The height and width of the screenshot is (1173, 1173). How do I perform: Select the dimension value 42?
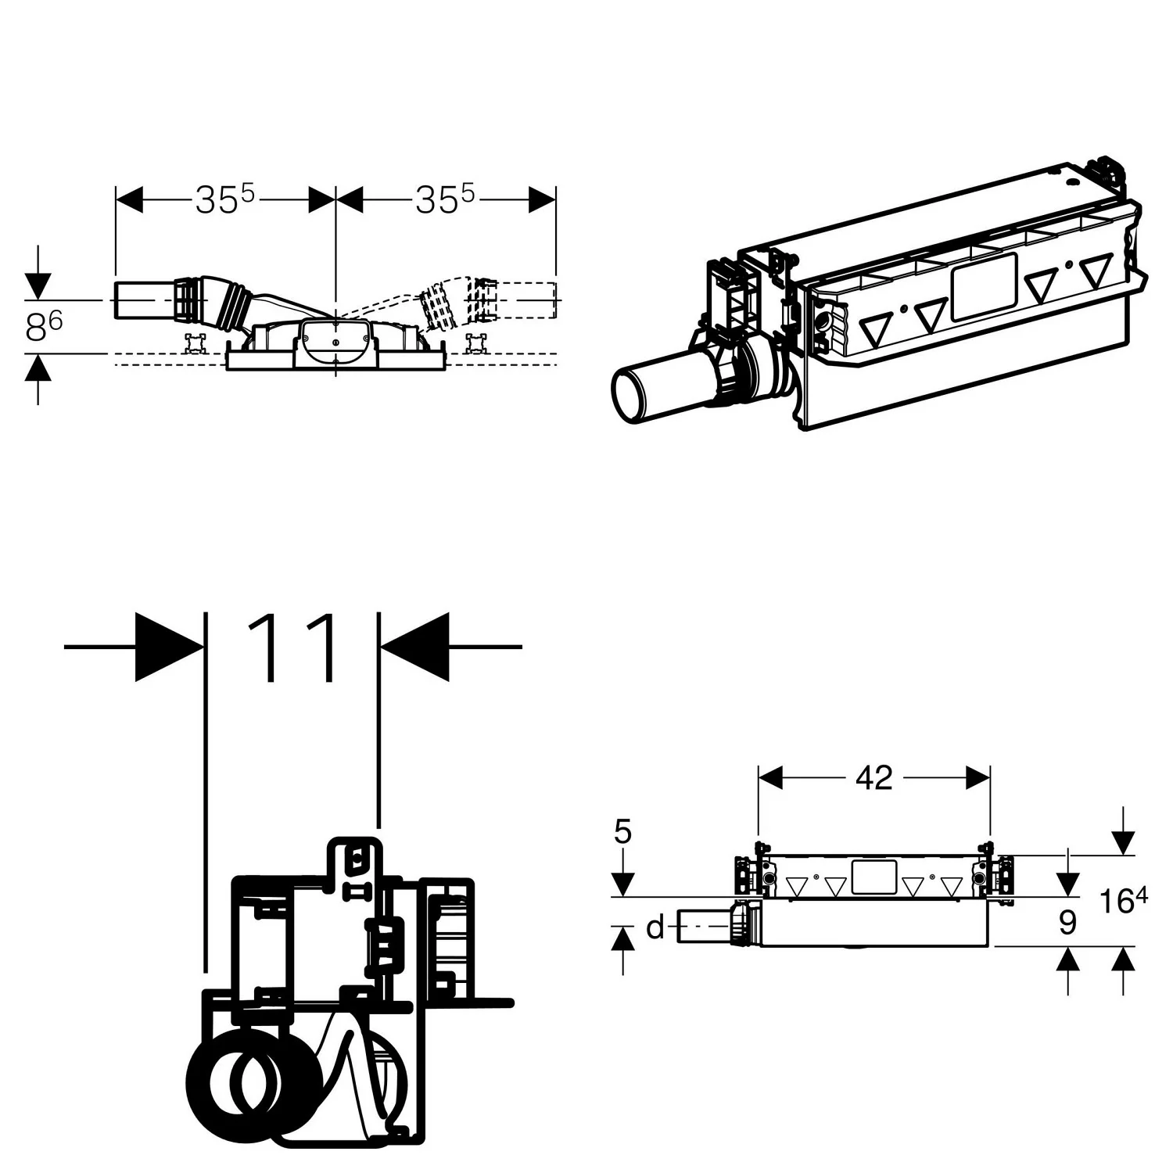[x=873, y=777]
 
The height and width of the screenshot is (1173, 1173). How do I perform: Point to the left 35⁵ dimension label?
[x=225, y=200]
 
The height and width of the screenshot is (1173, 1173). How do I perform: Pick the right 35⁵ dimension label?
[x=445, y=200]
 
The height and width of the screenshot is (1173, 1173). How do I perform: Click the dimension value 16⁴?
[x=1124, y=901]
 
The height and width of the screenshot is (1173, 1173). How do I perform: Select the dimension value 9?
[x=1067, y=924]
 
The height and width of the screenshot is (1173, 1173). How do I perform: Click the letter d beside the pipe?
[x=655, y=928]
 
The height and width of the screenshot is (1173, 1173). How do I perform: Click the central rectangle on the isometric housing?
[x=983, y=286]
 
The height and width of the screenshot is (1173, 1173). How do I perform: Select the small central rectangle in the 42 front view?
[x=873, y=877]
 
